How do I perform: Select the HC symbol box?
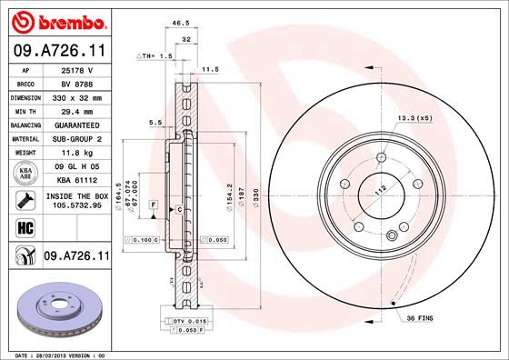22,226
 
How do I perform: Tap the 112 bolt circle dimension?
379,189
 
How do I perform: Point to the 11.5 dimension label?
211,69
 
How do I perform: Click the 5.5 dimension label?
155,122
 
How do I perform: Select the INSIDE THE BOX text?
77,196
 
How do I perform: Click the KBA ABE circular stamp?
22,172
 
